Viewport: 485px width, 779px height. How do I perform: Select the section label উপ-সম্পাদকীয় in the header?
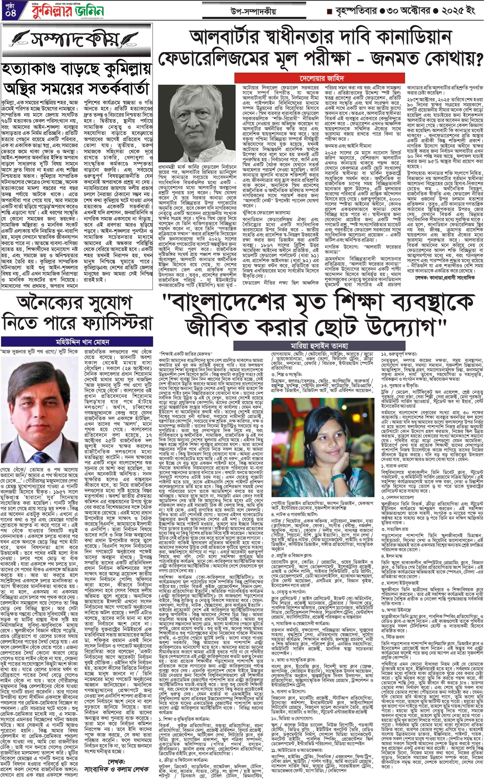click(253, 12)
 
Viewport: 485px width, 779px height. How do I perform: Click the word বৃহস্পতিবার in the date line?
click(356, 12)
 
